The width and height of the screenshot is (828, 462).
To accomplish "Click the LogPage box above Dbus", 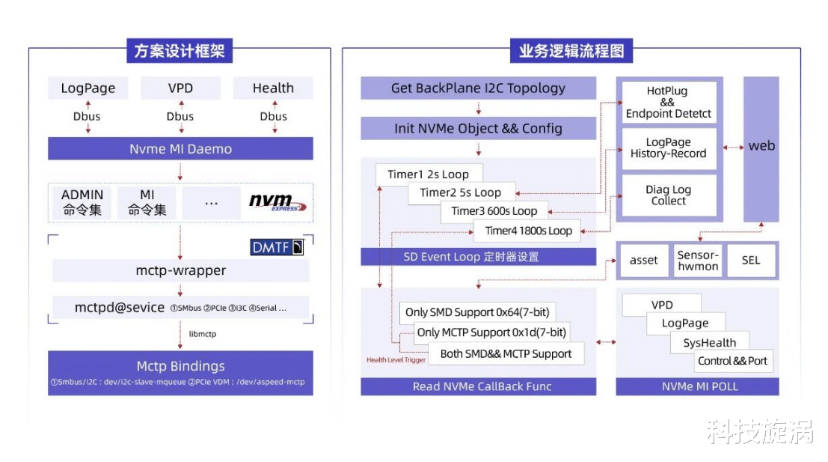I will [x=88, y=88].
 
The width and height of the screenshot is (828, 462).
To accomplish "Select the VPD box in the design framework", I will [x=180, y=88].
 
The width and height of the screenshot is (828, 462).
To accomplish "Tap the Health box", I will [x=273, y=88].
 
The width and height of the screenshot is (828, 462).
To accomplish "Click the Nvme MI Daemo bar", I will [x=180, y=149].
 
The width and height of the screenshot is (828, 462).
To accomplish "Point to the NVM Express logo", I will [x=277, y=202].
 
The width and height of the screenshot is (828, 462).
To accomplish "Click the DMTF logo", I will [x=277, y=247].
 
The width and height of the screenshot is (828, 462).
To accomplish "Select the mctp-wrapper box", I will [x=180, y=270].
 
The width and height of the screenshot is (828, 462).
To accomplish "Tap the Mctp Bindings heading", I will [x=180, y=366].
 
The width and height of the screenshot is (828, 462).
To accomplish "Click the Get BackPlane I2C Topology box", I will [x=478, y=88].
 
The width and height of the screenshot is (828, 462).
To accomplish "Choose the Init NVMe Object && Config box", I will [x=478, y=128].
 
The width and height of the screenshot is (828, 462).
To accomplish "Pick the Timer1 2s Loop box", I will [x=428, y=174].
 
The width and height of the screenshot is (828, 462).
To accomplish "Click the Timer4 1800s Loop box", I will [x=528, y=231].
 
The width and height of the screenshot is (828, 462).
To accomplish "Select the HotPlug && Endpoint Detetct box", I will [x=669, y=103].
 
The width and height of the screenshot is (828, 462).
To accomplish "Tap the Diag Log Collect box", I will [x=669, y=195].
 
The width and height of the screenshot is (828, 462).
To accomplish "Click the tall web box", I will [x=761, y=147].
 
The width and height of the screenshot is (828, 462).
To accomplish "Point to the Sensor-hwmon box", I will [x=697, y=261].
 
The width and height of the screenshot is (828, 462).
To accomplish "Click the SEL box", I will [x=750, y=261].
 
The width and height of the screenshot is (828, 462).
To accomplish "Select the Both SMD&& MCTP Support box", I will [x=506, y=354].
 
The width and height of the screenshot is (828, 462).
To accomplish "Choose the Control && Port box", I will [x=732, y=361].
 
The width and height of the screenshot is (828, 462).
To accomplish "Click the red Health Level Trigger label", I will [x=396, y=360].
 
